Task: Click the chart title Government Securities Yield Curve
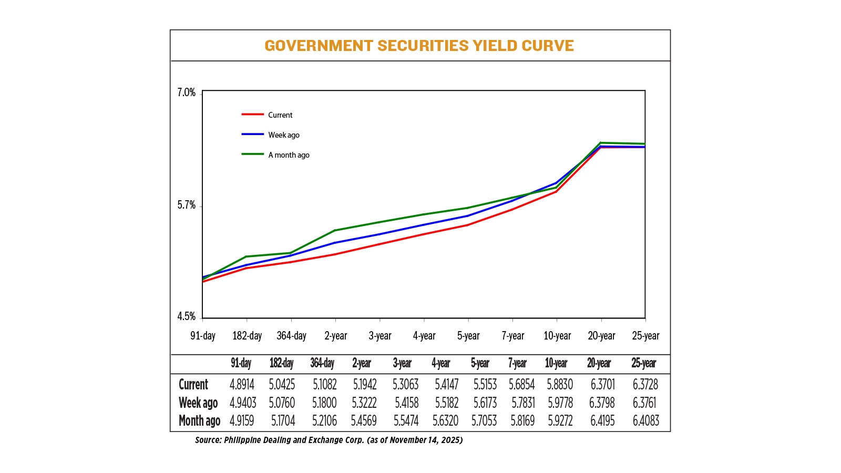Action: coord(419,46)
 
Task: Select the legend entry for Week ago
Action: coord(283,135)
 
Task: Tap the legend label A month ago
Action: coord(289,155)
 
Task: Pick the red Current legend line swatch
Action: coord(252,115)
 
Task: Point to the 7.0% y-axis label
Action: coord(186,93)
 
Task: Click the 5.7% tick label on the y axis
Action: coord(186,205)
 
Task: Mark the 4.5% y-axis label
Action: coord(186,316)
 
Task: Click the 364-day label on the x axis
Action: coord(291,336)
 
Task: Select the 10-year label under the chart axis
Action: coord(557,336)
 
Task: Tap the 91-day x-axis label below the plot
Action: coord(203,336)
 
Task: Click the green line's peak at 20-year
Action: coord(601,143)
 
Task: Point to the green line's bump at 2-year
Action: coord(335,230)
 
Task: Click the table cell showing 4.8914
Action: coord(242,385)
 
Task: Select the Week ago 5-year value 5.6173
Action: coord(484,403)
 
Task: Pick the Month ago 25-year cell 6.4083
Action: coord(645,421)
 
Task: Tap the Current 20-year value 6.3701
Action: coord(602,385)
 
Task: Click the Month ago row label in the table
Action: coord(199,421)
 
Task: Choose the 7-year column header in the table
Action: coord(517,363)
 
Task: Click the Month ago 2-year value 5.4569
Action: coord(364,421)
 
